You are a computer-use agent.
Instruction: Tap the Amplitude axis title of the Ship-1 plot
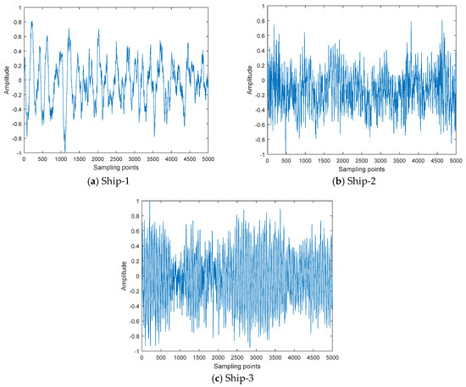click(6, 78)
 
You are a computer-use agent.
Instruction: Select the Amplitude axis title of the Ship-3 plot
click(122, 276)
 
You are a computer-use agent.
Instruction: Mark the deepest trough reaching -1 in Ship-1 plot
click(64, 151)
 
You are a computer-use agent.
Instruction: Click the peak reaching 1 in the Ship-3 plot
click(149, 202)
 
